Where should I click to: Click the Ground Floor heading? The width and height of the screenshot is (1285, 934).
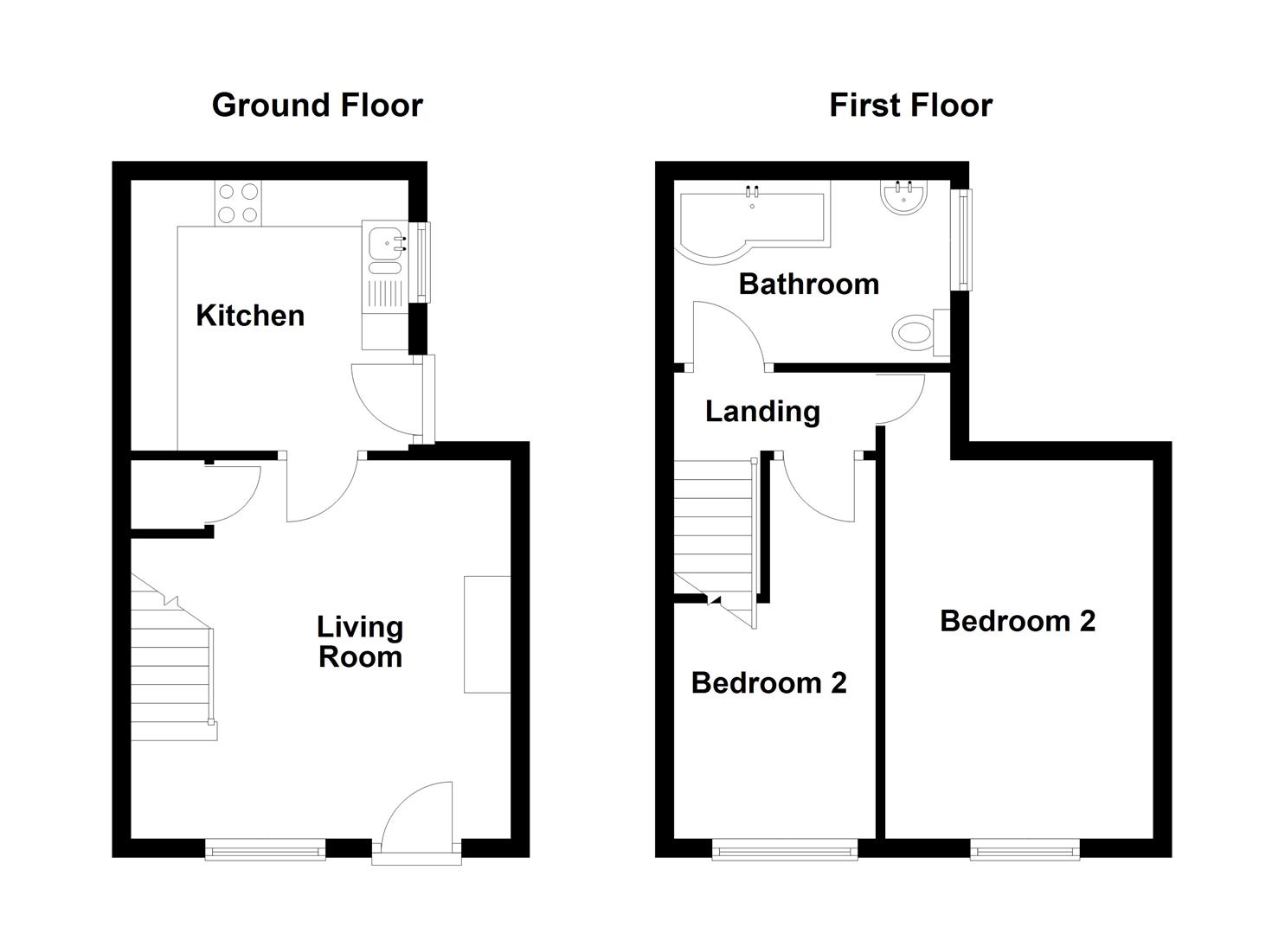[x=317, y=106]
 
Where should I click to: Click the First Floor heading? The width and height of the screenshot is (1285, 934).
[x=910, y=106]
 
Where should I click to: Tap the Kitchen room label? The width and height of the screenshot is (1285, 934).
[x=250, y=316]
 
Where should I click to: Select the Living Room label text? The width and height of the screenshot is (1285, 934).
[x=360, y=642]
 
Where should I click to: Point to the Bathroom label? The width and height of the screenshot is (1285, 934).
[x=808, y=284]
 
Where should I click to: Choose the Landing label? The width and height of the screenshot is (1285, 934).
[x=762, y=411]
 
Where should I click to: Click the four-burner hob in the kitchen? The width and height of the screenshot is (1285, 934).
[x=238, y=204]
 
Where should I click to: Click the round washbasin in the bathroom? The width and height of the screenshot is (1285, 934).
[x=903, y=197]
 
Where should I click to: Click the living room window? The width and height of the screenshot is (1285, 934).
[x=265, y=851]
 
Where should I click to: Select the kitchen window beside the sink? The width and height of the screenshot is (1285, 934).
[x=421, y=263]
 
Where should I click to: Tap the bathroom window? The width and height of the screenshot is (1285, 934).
[x=961, y=239]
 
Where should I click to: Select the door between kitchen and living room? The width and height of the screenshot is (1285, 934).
[x=322, y=489]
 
